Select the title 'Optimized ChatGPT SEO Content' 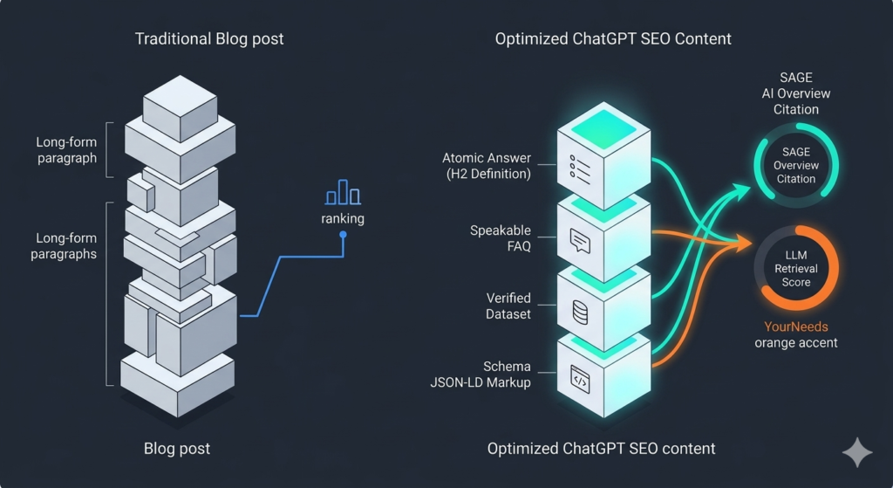613,39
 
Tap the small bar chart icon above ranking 343,193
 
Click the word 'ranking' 343,219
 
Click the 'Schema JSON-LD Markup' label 494,375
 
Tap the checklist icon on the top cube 580,166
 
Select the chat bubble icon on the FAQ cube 580,240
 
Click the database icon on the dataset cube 580,310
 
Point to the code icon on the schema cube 580,377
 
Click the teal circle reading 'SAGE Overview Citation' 796,166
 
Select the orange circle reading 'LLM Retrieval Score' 796,269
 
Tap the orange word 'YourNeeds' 796,326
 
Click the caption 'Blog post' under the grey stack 177,449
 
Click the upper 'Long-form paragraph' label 66,150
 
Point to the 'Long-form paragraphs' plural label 63,245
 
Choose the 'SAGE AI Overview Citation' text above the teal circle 796,93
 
